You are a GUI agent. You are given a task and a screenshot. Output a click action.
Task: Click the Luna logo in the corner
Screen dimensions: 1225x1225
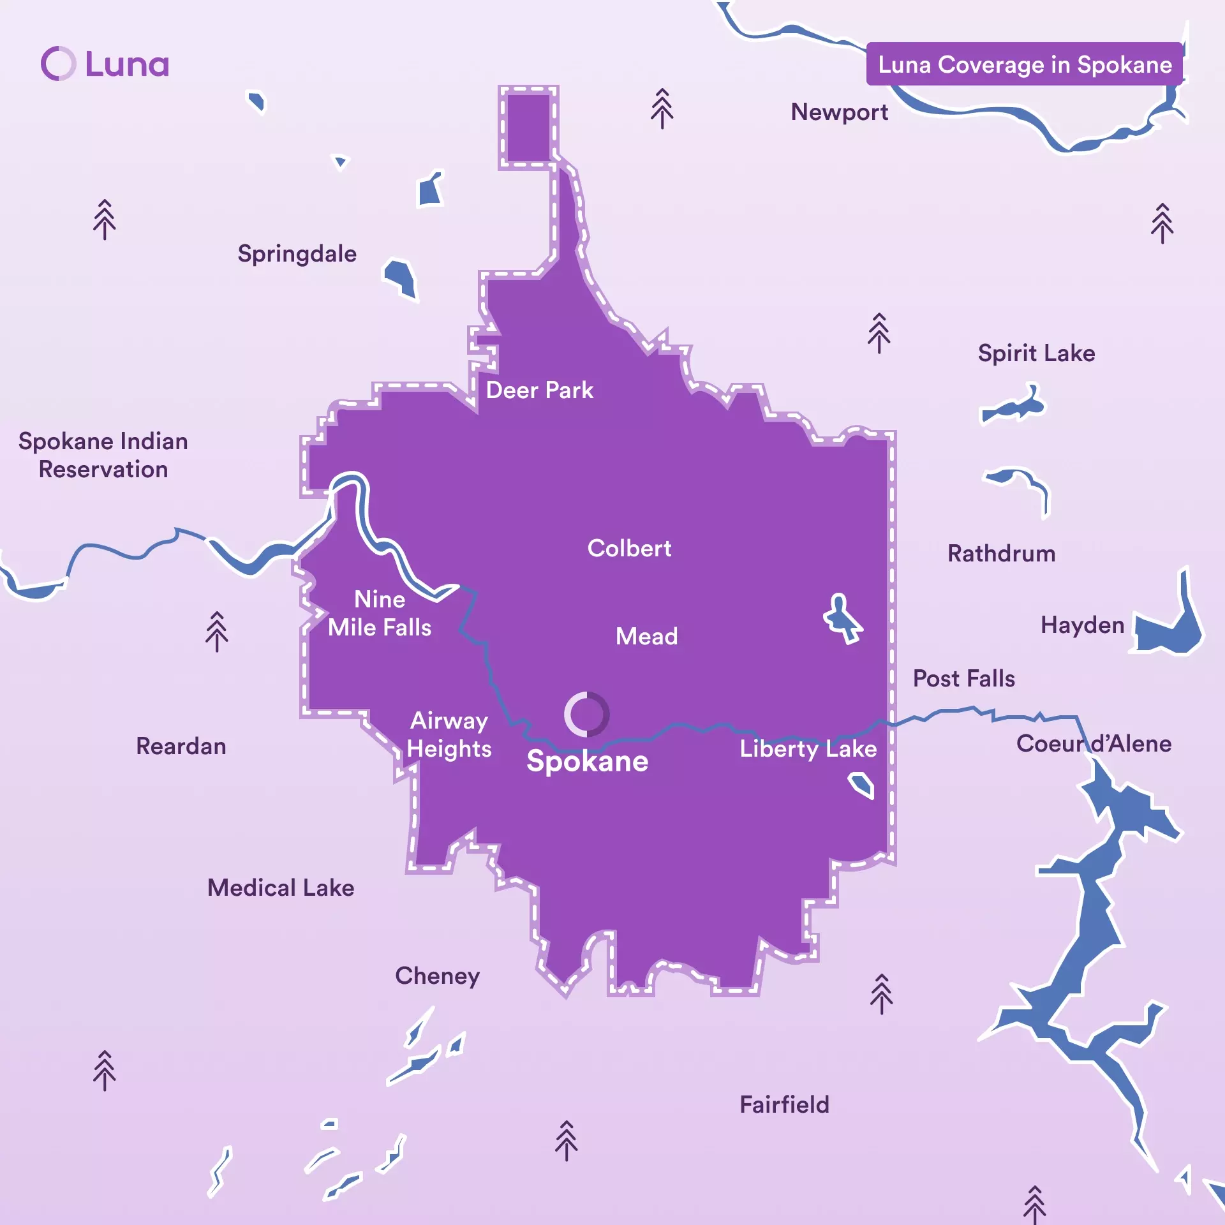point(105,64)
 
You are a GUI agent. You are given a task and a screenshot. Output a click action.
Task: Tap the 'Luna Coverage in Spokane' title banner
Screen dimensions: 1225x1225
point(1024,64)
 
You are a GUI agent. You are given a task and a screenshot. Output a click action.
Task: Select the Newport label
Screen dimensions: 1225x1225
point(839,112)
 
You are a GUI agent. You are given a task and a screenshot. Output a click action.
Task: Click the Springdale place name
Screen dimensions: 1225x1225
point(297,254)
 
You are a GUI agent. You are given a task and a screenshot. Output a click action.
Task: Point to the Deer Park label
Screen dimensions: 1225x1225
point(539,390)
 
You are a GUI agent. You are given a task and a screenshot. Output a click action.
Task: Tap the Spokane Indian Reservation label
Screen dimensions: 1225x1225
point(103,455)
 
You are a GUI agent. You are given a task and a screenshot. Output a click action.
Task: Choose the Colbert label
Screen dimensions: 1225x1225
point(629,549)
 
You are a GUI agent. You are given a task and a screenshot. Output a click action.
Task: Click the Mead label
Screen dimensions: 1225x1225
point(646,636)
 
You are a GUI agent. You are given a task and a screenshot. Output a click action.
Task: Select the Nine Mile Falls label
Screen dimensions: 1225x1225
point(380,613)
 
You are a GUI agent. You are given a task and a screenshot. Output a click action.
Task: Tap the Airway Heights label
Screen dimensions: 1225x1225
point(449,734)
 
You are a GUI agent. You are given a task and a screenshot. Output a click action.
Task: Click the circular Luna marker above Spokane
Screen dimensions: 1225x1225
point(586,714)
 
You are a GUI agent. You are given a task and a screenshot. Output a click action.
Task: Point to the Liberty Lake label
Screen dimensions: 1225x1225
point(808,748)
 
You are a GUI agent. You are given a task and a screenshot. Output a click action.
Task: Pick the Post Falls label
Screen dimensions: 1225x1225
point(963,678)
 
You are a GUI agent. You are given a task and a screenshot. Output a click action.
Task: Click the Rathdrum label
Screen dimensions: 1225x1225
point(1001,553)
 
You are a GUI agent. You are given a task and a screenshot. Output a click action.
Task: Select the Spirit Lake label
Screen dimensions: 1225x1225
point(1036,353)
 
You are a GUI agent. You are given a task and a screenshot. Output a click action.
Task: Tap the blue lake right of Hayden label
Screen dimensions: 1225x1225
point(1168,628)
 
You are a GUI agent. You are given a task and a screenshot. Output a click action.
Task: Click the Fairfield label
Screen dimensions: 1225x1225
point(784,1104)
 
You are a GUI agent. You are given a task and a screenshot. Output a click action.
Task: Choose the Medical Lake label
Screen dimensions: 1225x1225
point(281,887)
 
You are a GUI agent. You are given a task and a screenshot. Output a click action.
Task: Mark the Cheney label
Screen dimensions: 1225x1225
point(437,976)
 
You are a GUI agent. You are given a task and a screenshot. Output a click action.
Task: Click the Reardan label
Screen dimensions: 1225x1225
point(181,746)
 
